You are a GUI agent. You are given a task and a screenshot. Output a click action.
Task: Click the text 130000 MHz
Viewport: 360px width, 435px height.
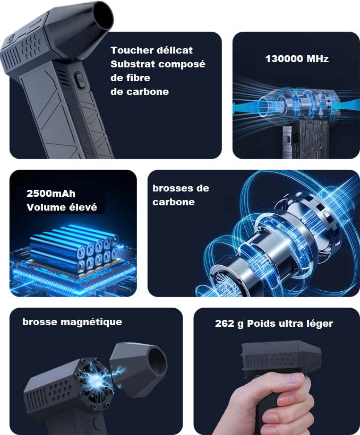pyautogui.click(x=297, y=58)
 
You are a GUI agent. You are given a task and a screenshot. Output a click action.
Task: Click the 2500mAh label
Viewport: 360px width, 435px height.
pyautogui.click(x=51, y=194)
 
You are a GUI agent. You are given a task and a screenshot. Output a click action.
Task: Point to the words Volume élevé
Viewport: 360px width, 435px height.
pyautogui.click(x=62, y=207)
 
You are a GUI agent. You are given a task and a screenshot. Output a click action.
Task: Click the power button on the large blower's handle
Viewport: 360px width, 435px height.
pyautogui.click(x=79, y=80)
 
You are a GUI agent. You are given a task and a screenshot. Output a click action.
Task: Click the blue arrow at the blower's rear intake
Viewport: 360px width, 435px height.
pyautogui.click(x=344, y=106)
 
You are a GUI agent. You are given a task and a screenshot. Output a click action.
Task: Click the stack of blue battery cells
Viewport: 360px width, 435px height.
pyautogui.click(x=74, y=248)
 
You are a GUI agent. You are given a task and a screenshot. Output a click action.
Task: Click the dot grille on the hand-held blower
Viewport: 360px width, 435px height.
pyautogui.click(x=283, y=359)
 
